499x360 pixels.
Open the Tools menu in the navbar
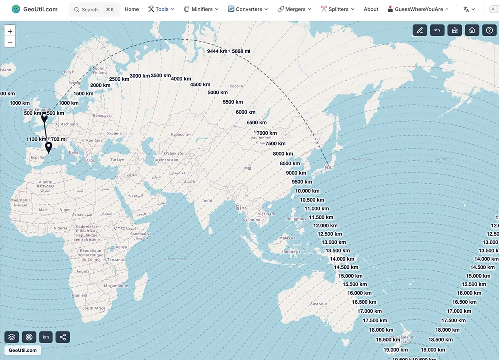[161, 9]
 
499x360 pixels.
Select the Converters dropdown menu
[248, 9]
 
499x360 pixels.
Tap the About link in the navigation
[371, 9]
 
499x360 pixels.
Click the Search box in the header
[94, 9]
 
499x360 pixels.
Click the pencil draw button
[420, 30]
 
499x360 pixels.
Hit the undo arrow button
[437, 30]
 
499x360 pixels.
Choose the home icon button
[472, 30]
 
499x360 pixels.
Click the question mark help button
[489, 30]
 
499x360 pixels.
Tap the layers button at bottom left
[12, 337]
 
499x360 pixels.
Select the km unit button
[46, 337]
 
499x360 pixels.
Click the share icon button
[63, 337]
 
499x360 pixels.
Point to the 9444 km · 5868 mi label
[229, 51]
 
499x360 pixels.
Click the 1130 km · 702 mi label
[46, 139]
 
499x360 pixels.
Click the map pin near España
[48, 147]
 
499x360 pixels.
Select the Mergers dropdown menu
[294, 9]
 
